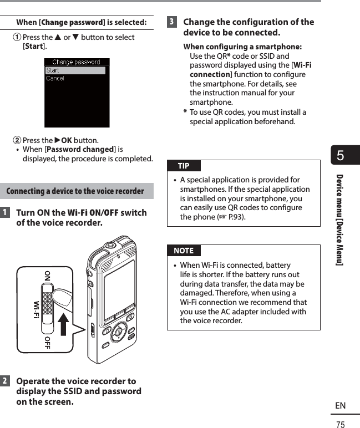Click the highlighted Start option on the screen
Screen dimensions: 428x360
pos(75,70)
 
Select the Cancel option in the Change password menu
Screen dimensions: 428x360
pos(55,79)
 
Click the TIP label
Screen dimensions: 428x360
pos(183,166)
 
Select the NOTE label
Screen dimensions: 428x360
pos(183,251)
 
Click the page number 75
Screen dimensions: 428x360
pos(340,424)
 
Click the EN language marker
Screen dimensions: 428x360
pos(340,406)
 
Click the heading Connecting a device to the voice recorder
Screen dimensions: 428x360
pos(75,192)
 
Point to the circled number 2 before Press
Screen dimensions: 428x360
pos(17,140)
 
